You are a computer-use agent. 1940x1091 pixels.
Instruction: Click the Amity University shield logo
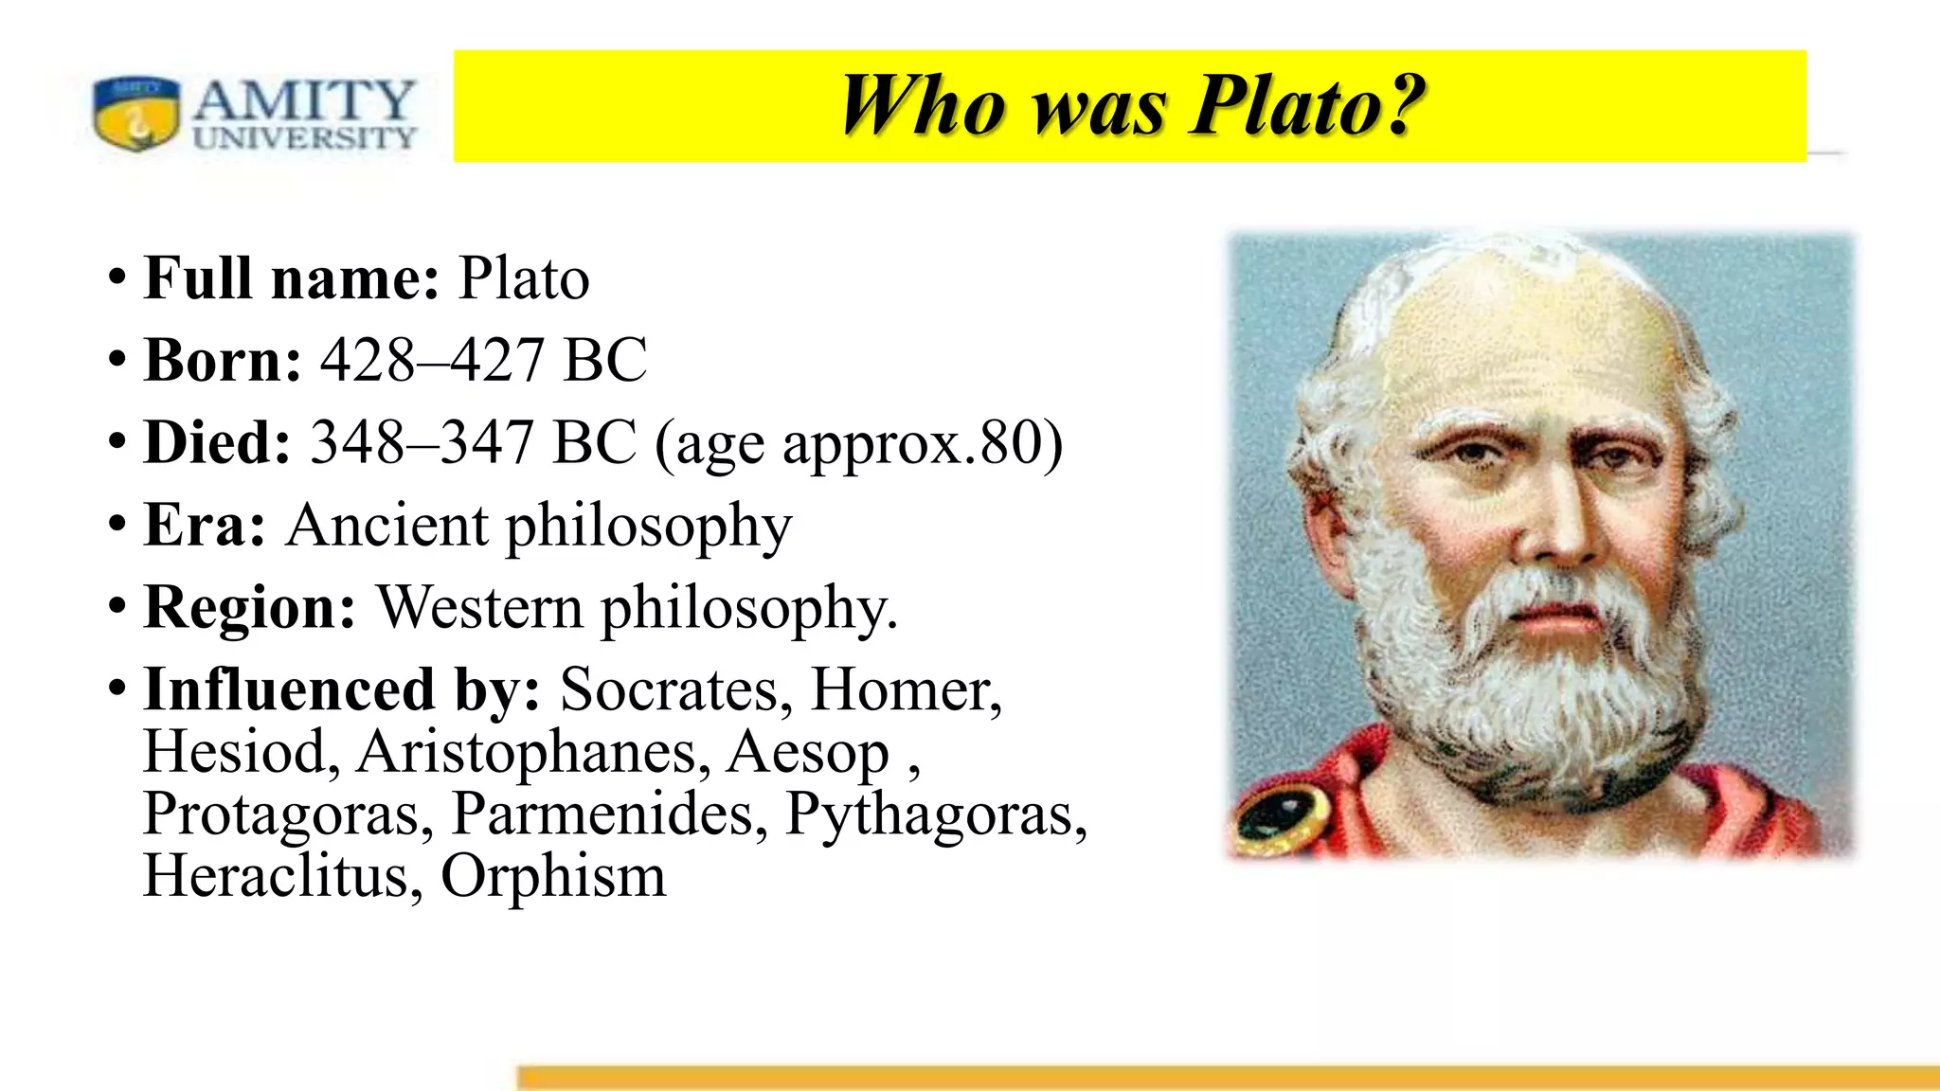pyautogui.click(x=136, y=114)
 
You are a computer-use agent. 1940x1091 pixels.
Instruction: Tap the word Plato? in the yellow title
pyautogui.click(x=1308, y=105)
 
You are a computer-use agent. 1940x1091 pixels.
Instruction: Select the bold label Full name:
pyautogui.click(x=292, y=278)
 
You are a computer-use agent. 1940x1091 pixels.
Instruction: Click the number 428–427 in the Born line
pyautogui.click(x=432, y=361)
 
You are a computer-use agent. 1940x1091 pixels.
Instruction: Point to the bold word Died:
pyautogui.click(x=218, y=442)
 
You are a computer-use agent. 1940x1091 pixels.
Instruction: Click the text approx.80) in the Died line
pyautogui.click(x=923, y=444)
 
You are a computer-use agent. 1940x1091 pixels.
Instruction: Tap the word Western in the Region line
pyautogui.click(x=480, y=607)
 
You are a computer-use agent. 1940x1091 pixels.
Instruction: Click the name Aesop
pyautogui.click(x=808, y=752)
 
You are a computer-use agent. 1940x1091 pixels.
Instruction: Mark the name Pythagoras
pyautogui.click(x=936, y=814)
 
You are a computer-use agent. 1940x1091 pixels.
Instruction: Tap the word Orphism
pyautogui.click(x=553, y=876)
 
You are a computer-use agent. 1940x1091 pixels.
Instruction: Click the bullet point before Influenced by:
pyautogui.click(x=117, y=687)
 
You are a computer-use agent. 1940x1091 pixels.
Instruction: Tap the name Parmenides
pyautogui.click(x=609, y=814)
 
